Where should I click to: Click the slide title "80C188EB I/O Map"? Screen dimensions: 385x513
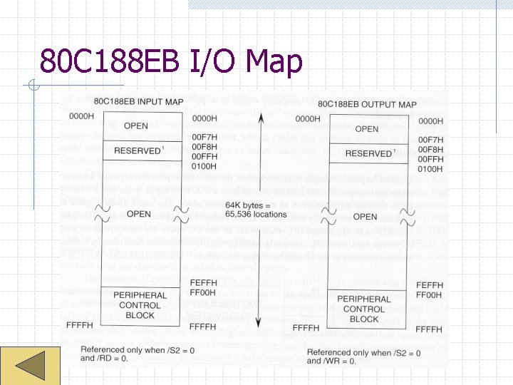pos(171,61)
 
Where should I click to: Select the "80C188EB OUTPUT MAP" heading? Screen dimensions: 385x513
pos(367,104)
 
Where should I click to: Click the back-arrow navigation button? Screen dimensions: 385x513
pos(30,365)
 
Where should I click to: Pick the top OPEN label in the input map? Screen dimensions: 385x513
pos(135,126)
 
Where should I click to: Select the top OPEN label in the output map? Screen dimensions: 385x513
pos(366,129)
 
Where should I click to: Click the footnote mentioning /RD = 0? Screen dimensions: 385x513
pos(123,354)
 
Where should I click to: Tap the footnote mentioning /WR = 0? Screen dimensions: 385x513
pos(354,356)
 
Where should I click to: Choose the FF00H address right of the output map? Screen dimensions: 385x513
pos(429,295)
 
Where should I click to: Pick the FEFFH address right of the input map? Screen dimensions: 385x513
pos(204,283)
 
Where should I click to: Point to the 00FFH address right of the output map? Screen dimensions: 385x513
pos(430,160)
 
